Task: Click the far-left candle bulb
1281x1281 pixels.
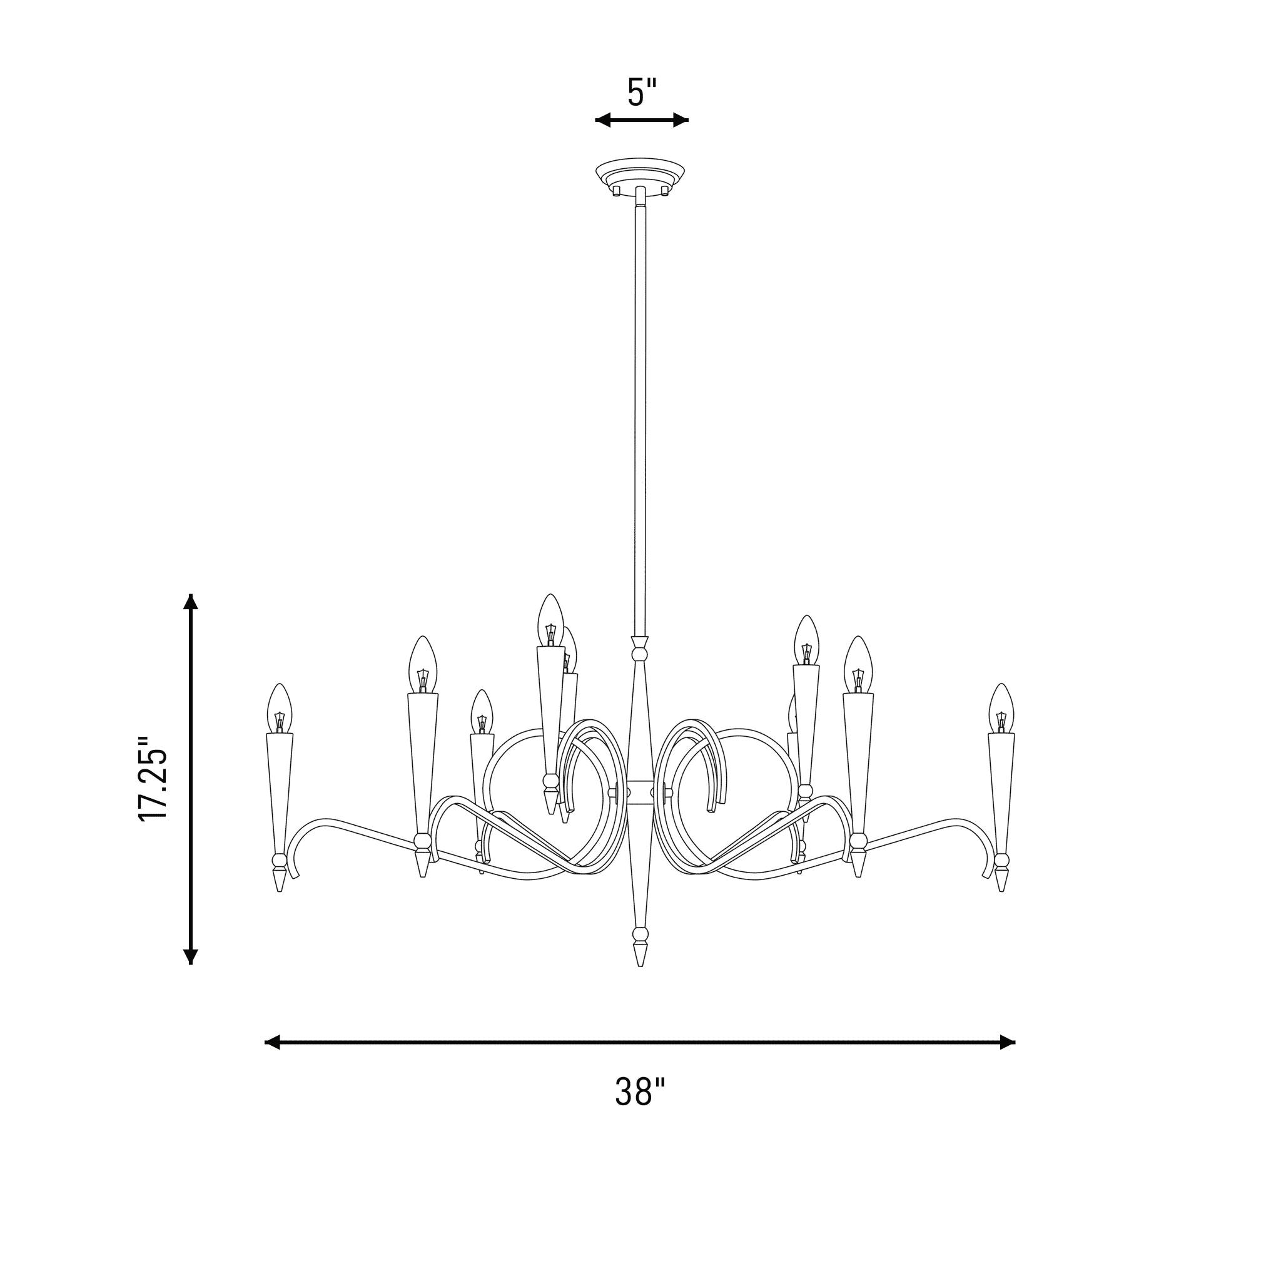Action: tap(279, 708)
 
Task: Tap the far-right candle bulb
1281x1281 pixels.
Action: tap(1001, 708)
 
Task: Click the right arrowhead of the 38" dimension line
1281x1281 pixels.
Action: tap(1007, 1042)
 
